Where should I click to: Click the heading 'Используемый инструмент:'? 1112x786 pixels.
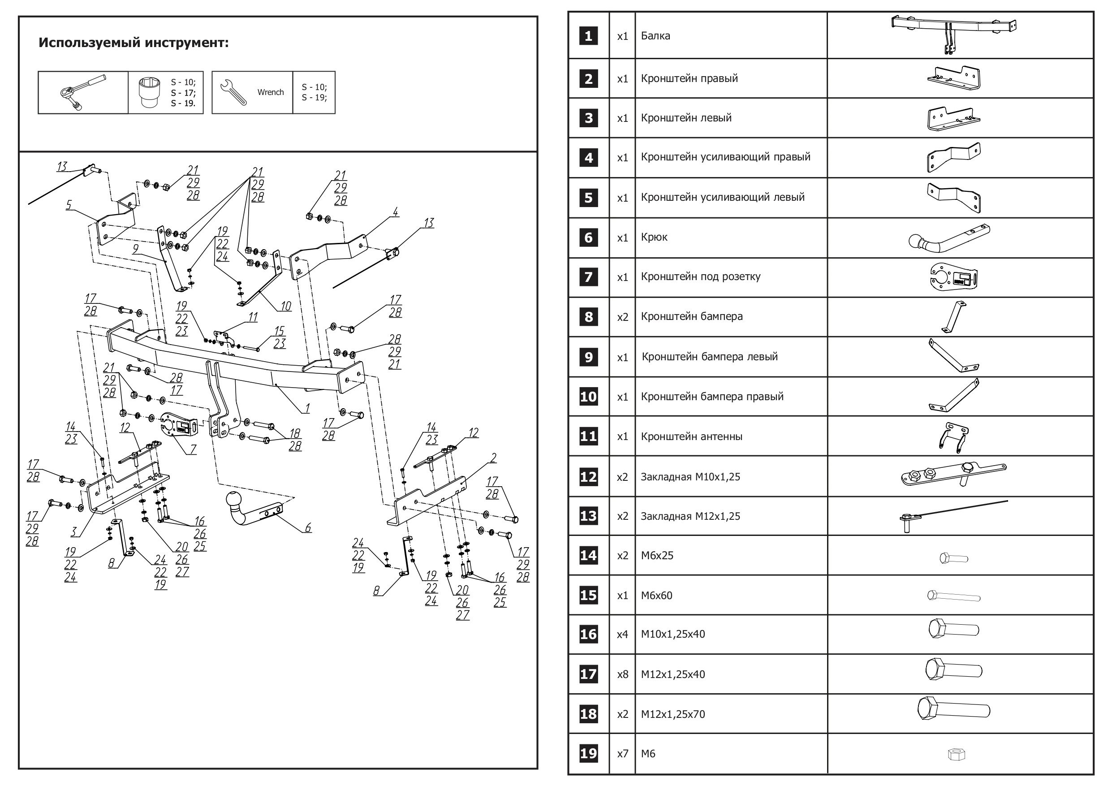tap(133, 43)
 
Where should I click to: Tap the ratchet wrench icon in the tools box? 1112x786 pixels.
tap(83, 92)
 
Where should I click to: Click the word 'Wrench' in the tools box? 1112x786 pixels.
tap(270, 92)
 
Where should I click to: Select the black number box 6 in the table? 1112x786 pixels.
tap(588, 238)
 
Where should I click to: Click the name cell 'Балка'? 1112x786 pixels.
tap(655, 36)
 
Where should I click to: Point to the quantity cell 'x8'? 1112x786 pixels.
tap(622, 674)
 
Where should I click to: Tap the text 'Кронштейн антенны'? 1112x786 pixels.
tap(691, 436)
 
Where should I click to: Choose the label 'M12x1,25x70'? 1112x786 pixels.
tap(673, 714)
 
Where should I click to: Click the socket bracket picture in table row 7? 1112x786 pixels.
tap(953, 277)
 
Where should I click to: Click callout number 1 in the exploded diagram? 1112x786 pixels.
tap(307, 408)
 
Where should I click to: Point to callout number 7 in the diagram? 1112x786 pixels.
tap(193, 449)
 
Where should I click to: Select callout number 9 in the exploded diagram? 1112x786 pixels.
tap(136, 248)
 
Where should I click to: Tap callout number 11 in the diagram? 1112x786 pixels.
tap(253, 317)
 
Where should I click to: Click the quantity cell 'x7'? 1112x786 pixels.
tap(622, 754)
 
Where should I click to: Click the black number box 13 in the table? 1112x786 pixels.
tap(588, 516)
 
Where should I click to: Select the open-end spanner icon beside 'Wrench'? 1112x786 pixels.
tap(233, 92)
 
